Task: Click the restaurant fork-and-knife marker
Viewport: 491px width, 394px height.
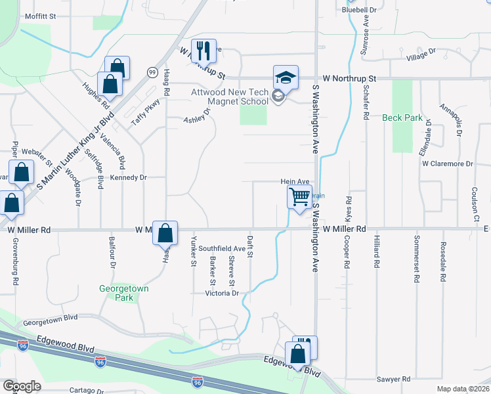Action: pyautogui.click(x=203, y=50)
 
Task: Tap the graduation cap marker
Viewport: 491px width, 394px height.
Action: pyautogui.click(x=286, y=76)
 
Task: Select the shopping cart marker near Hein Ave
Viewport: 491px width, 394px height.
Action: pyautogui.click(x=299, y=196)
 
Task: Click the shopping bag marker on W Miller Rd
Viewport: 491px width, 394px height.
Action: pyautogui.click(x=165, y=232)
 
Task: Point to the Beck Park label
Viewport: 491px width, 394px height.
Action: pyautogui.click(x=402, y=118)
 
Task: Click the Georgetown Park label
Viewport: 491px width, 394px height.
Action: pyautogui.click(x=124, y=293)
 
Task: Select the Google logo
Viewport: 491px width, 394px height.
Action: pyautogui.click(x=21, y=386)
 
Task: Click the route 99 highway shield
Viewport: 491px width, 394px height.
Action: pyautogui.click(x=152, y=71)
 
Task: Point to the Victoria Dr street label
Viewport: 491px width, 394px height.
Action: pyautogui.click(x=222, y=294)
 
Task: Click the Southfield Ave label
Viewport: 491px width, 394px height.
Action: pyautogui.click(x=222, y=249)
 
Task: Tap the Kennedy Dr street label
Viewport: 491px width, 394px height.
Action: pyautogui.click(x=128, y=178)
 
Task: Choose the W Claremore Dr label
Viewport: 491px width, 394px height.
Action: pyautogui.click(x=447, y=164)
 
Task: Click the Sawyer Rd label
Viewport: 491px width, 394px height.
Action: pyautogui.click(x=393, y=380)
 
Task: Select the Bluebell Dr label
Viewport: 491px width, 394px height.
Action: pyautogui.click(x=359, y=10)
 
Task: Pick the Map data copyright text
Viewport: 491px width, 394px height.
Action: pyautogui.click(x=463, y=389)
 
